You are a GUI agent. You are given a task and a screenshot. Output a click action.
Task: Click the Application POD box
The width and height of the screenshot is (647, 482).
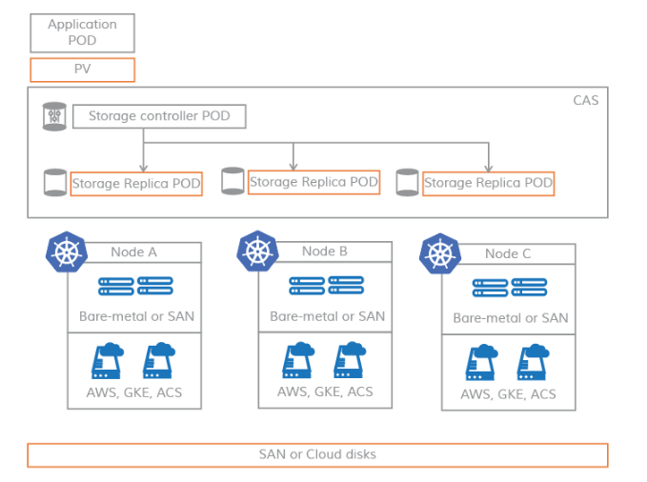coord(82,32)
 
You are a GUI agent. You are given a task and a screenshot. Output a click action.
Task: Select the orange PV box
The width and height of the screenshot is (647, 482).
coord(82,70)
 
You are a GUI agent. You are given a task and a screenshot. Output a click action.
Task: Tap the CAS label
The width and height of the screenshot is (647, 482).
coord(585,100)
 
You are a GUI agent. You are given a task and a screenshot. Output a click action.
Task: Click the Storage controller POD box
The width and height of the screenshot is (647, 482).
coord(158,116)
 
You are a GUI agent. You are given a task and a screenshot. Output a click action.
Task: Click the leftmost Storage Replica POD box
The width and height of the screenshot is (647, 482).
coord(136,183)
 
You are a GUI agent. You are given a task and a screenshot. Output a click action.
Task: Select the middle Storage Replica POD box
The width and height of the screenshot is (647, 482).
coord(313,182)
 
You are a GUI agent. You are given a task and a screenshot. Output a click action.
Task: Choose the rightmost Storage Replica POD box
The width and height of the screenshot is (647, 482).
coord(488,183)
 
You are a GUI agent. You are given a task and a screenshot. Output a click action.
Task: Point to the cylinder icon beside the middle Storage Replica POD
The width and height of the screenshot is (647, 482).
coord(233,181)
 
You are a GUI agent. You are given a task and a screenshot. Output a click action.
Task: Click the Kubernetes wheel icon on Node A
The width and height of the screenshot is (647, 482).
coord(66,252)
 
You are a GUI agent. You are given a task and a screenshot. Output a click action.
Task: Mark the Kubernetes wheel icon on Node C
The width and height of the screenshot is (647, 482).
coord(439,253)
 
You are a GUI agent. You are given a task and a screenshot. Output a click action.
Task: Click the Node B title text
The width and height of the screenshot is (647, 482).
coord(325,251)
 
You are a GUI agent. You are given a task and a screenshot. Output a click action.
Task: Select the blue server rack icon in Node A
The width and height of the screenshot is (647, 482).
coord(135,285)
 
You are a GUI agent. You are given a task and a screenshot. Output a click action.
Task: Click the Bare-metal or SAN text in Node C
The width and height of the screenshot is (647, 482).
coord(510,318)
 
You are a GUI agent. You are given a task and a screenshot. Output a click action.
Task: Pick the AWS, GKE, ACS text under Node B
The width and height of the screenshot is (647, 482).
coord(325,392)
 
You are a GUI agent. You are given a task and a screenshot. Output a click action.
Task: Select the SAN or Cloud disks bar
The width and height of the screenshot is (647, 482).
coord(317,454)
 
